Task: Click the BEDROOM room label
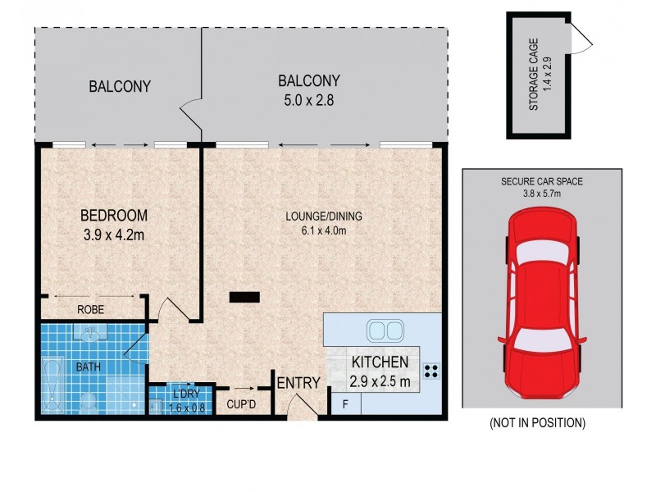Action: [x=113, y=216]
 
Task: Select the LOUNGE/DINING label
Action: [x=323, y=216]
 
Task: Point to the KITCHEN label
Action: [x=380, y=362]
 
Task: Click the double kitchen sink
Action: [x=384, y=330]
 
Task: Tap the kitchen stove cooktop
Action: [x=431, y=368]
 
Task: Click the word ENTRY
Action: [x=298, y=383]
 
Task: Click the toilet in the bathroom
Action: [x=89, y=400]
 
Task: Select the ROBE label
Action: [x=89, y=310]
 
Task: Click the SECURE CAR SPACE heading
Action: [x=542, y=181]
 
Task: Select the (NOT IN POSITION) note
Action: [x=537, y=423]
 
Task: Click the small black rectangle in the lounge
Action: [x=244, y=298]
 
